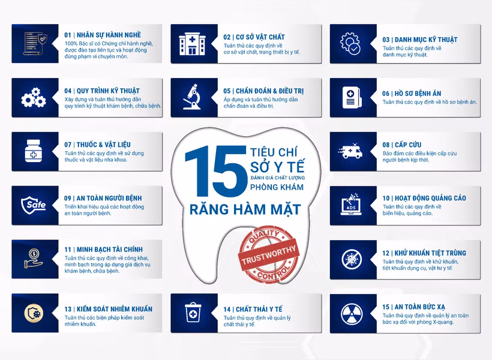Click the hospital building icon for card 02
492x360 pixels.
[x=191, y=44]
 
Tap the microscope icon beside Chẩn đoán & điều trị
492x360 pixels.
[x=191, y=97]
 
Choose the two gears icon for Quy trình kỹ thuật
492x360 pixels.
[x=32, y=97]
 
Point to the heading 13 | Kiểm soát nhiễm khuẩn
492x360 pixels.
[x=108, y=309]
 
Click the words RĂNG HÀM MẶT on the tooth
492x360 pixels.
[x=245, y=210]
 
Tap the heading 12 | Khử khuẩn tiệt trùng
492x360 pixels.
[x=424, y=253]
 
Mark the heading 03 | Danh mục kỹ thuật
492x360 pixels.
[x=419, y=40]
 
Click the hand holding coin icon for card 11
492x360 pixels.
[x=33, y=258]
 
